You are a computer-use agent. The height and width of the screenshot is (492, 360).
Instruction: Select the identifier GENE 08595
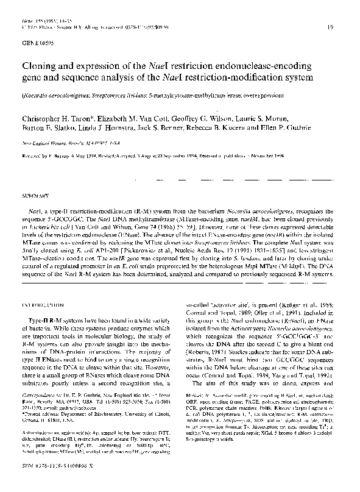coord(38,44)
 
